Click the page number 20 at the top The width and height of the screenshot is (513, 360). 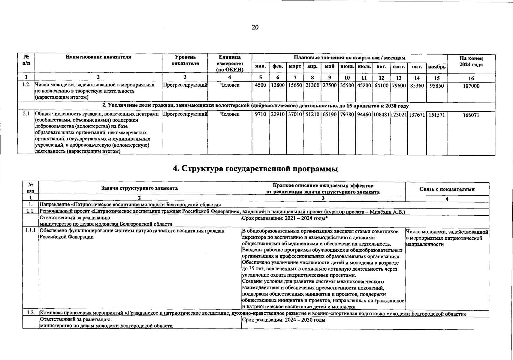pos(255,28)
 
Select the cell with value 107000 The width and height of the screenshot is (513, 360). pos(471,86)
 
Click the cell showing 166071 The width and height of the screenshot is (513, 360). pos(471,115)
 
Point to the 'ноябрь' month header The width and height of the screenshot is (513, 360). pos(436,67)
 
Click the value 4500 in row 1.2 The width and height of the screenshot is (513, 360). pos(260,85)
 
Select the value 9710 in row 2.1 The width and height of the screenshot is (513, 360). pos(260,114)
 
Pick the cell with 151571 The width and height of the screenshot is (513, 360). pos(436,114)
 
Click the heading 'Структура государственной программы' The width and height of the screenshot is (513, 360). pos(255,169)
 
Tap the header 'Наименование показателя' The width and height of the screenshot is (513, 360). pos(98,57)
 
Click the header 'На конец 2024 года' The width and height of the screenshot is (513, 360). pos(471,61)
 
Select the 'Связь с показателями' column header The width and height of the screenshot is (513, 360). pos(447,189)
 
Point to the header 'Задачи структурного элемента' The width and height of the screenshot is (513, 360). pos(140,188)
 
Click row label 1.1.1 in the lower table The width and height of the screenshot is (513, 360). pos(30,231)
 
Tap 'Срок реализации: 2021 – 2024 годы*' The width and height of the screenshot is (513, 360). pos(284,218)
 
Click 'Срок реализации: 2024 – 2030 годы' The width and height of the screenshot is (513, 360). pos(283,320)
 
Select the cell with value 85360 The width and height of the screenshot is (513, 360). pos(417,85)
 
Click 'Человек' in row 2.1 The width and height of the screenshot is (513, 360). pos(230,114)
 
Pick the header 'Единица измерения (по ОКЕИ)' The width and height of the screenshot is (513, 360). pos(230,64)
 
